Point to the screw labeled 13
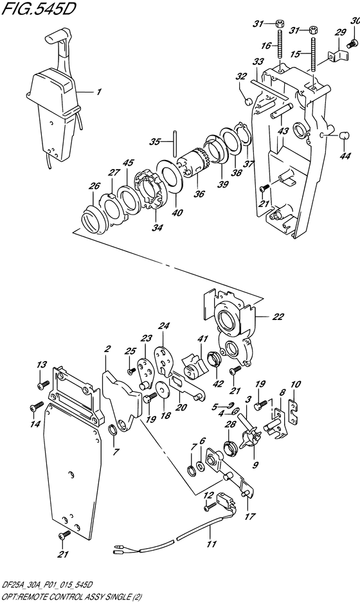click(43, 384)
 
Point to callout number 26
click(94, 186)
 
